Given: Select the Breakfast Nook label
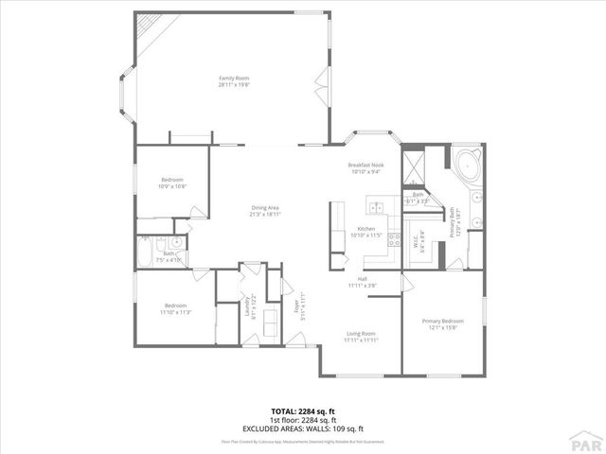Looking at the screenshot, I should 365,165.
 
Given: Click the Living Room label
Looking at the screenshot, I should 362,333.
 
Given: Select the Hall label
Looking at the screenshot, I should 363,280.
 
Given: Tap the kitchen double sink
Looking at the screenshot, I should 377,208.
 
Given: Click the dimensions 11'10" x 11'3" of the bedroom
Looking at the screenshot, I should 177,311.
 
